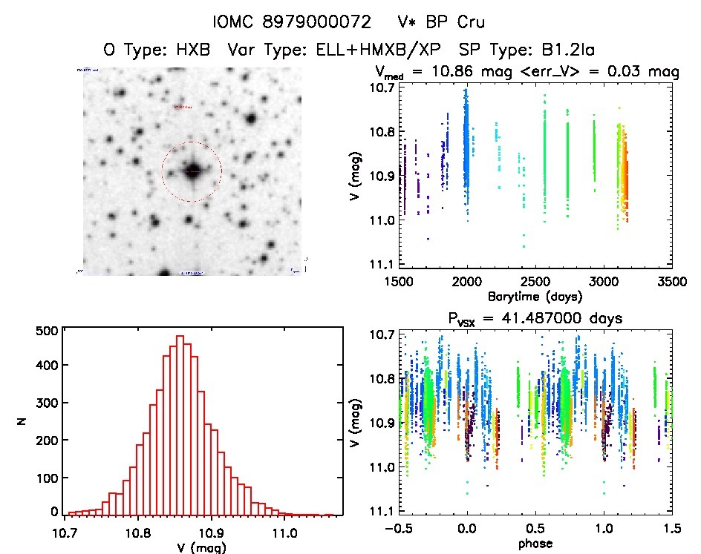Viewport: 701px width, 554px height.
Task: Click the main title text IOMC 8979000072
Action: [x=301, y=22]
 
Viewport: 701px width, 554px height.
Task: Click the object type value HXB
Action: [x=192, y=49]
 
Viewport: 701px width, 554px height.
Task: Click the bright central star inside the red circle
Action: [x=192, y=171]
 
